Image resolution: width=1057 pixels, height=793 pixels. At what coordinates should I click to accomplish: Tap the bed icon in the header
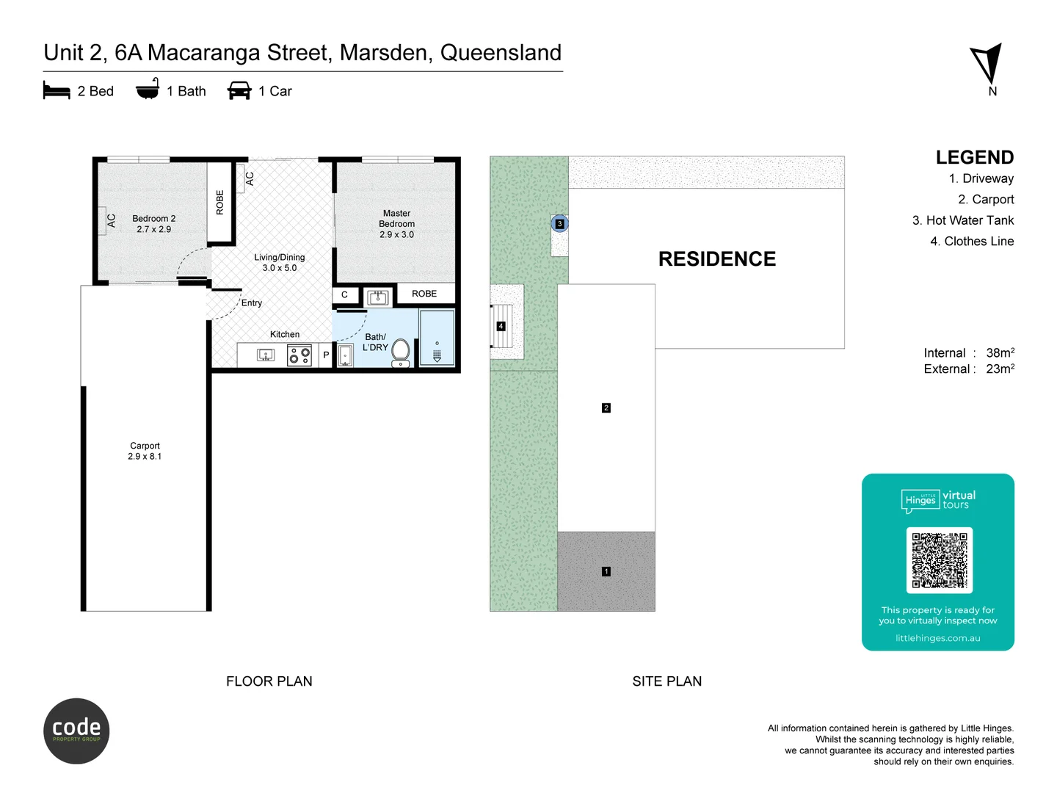tap(57, 91)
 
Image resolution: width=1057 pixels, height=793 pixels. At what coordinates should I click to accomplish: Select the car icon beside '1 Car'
tap(239, 91)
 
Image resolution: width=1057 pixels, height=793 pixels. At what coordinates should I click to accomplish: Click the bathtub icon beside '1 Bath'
tap(148, 90)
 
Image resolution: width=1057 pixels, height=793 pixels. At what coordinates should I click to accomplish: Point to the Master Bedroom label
tap(396, 224)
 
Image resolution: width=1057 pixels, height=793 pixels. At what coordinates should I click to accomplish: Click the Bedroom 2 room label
tap(153, 224)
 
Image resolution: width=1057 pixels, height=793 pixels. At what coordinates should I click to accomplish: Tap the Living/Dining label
tap(279, 263)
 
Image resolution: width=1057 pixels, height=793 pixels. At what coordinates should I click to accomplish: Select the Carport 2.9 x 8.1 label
tap(145, 451)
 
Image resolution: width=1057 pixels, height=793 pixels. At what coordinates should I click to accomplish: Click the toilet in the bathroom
tap(401, 352)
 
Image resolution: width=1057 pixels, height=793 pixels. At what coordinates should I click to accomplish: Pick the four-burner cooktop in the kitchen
tap(299, 356)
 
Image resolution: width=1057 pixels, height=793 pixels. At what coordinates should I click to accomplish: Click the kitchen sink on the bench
tap(265, 355)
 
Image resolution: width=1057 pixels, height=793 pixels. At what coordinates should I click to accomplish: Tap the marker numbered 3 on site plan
tap(559, 224)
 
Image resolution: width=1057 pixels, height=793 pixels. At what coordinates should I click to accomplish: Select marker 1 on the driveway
tap(606, 571)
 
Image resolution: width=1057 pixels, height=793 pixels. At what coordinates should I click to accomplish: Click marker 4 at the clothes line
tap(501, 326)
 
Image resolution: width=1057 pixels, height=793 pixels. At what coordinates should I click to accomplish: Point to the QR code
tap(939, 560)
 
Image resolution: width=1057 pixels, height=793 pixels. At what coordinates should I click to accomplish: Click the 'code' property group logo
tap(76, 731)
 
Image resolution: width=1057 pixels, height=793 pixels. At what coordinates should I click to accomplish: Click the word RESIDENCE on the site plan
tap(716, 259)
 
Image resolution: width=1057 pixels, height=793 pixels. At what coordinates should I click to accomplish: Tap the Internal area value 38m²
tap(1000, 353)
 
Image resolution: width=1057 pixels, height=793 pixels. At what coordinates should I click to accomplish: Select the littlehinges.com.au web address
tap(937, 638)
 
